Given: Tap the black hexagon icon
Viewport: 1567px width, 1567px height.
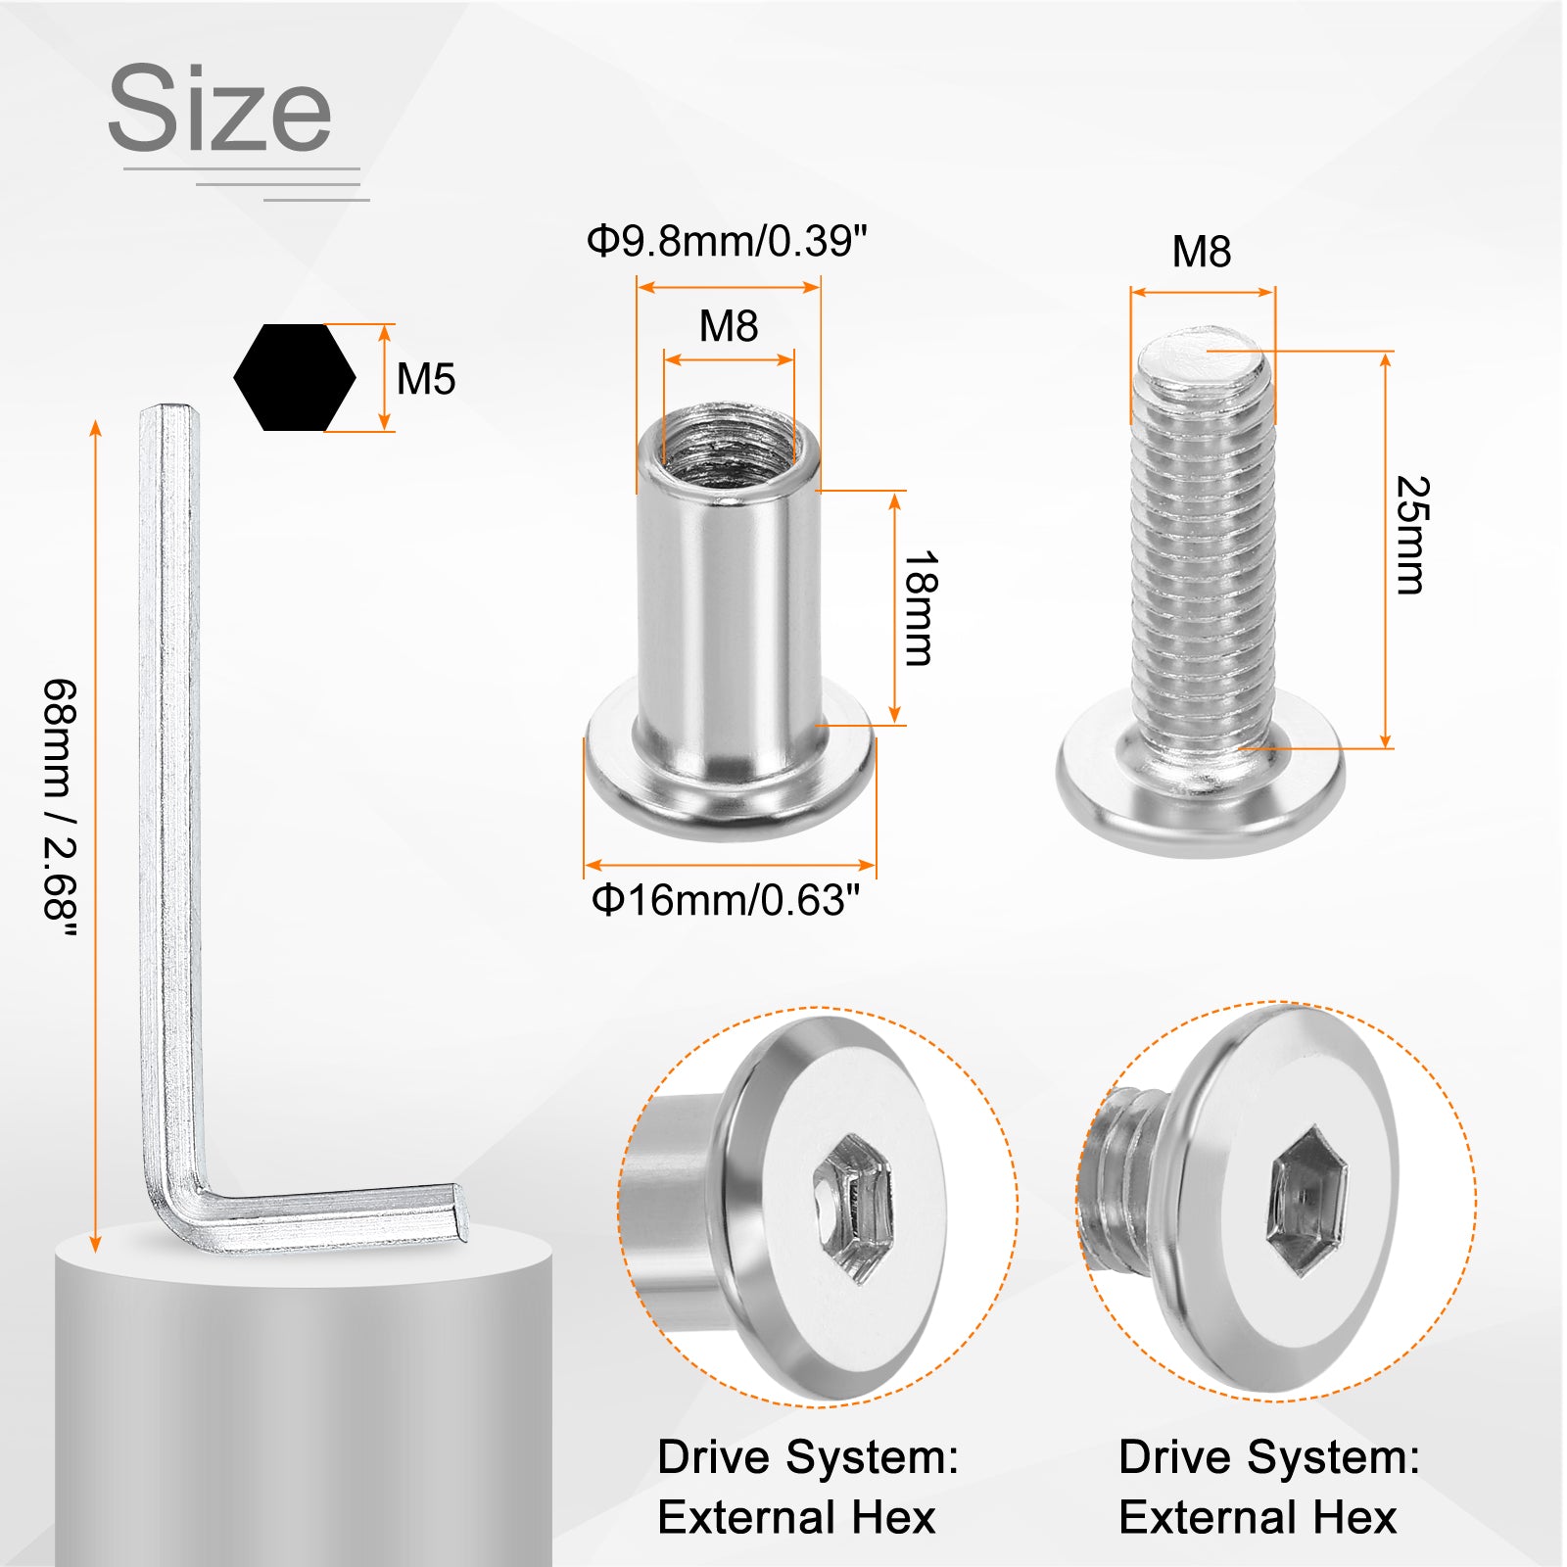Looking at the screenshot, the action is (x=295, y=377).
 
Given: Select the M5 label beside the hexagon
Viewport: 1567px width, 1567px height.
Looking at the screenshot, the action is (x=426, y=379).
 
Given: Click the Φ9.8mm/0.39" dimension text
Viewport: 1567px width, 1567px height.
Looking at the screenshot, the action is (x=727, y=241).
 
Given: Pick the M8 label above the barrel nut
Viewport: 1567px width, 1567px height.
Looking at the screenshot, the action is (x=729, y=326).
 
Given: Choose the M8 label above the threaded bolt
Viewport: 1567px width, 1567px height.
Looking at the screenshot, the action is (x=1202, y=252).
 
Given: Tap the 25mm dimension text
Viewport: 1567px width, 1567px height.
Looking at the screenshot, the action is (x=1411, y=535).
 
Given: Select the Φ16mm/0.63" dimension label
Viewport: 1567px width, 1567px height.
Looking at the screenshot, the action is (x=726, y=900).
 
